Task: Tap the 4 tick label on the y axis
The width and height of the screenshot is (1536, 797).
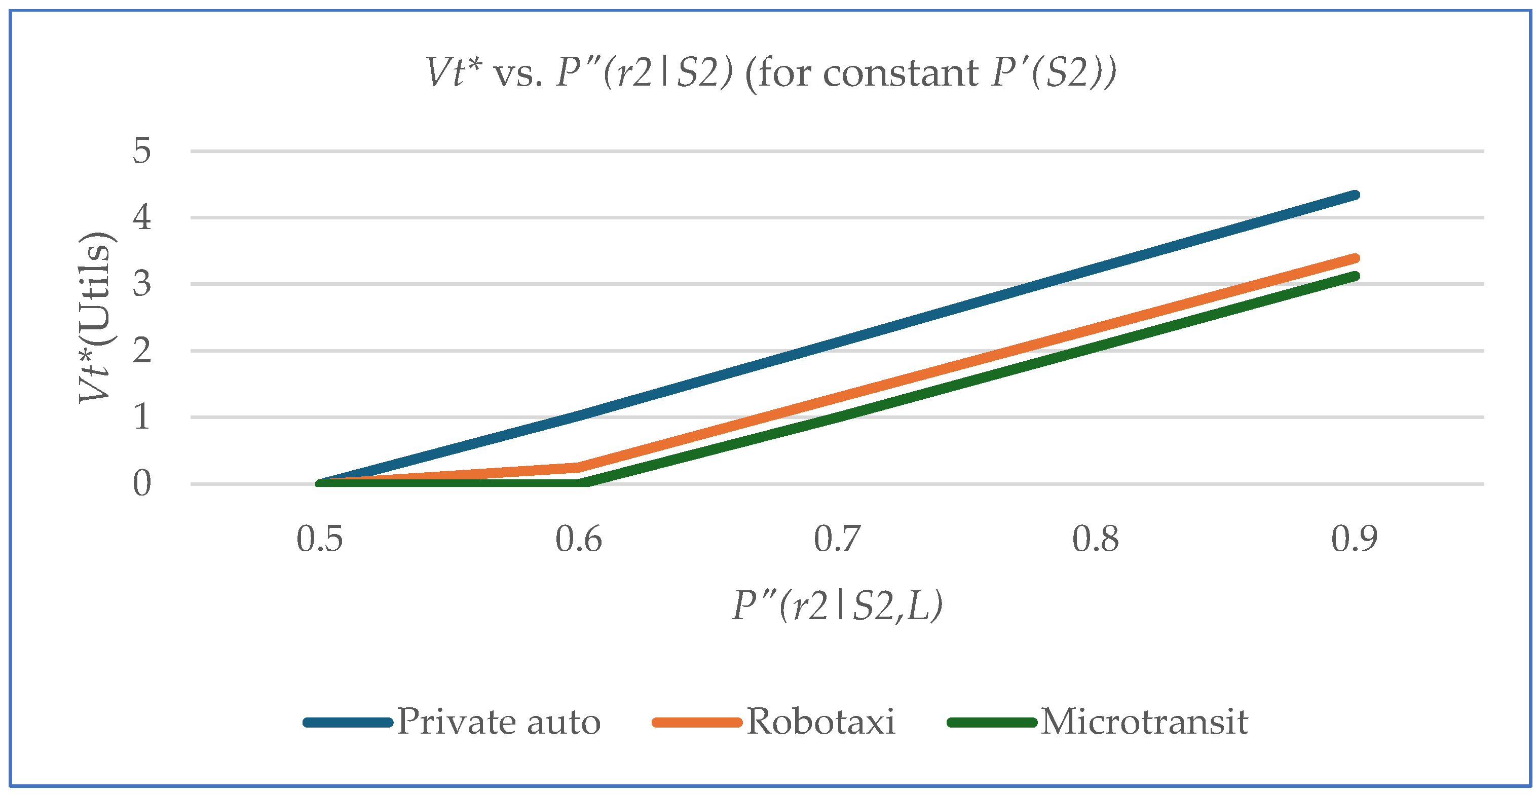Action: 142,217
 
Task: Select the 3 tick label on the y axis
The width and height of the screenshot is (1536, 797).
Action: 142,284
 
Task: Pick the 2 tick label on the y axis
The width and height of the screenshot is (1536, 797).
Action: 142,351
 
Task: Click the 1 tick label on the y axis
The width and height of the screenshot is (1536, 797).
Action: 142,416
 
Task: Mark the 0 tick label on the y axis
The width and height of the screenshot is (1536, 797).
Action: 142,483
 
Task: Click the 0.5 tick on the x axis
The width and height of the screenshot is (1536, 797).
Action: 320,540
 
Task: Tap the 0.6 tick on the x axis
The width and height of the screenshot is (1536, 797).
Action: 578,540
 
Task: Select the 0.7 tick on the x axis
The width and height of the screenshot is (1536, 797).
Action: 837,540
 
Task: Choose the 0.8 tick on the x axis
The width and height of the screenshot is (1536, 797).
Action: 1095,540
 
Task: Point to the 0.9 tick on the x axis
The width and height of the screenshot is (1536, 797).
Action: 1354,540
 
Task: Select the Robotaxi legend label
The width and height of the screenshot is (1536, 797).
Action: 820,723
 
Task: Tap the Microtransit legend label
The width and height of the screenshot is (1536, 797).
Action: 1144,723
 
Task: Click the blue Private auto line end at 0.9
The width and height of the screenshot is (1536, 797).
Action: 1355,195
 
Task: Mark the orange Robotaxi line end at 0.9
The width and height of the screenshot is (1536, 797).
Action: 1355,258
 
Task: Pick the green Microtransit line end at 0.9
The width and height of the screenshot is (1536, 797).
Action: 1355,276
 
